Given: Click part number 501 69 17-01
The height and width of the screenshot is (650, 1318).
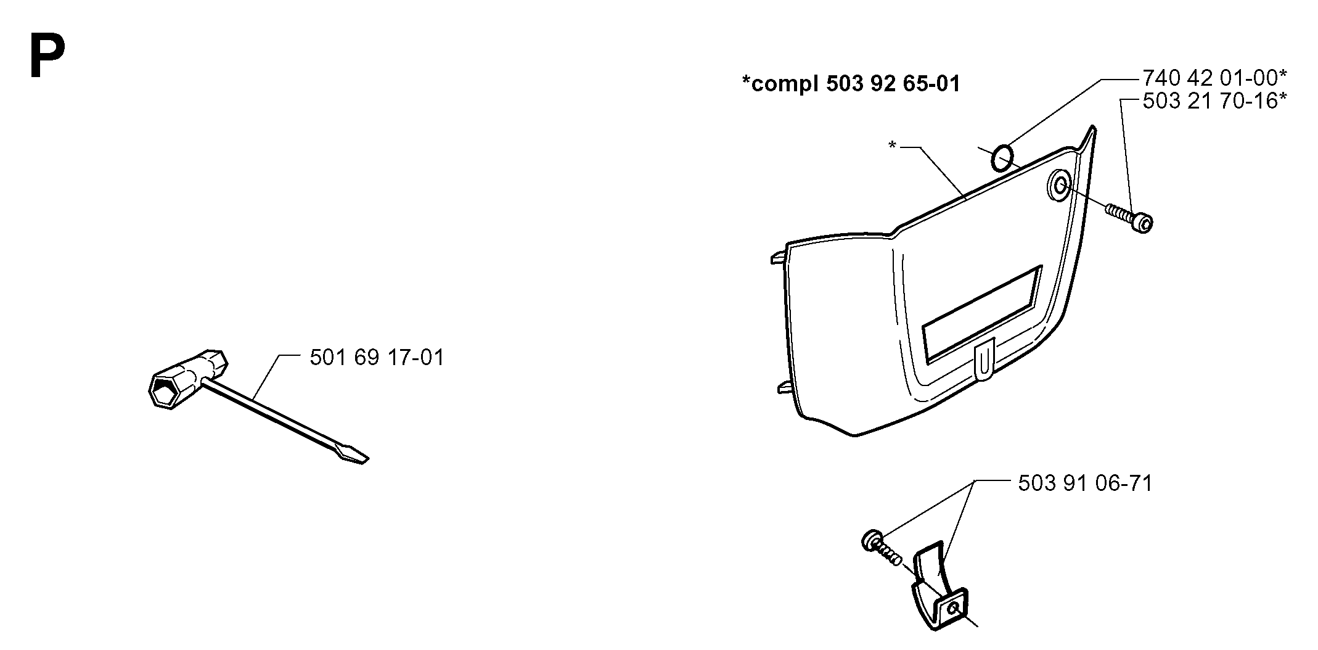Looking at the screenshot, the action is pos(377,357).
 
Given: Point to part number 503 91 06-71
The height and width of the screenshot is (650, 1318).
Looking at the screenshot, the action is pos(1085,483).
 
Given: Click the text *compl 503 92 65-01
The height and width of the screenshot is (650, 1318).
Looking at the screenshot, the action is pos(851,83).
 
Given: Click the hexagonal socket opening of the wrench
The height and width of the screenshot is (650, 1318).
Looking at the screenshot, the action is pos(163,392).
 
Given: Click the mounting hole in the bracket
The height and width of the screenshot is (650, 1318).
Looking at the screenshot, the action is pos(954,607).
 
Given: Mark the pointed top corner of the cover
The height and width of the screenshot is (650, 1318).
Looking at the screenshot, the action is pos(1092,127).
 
